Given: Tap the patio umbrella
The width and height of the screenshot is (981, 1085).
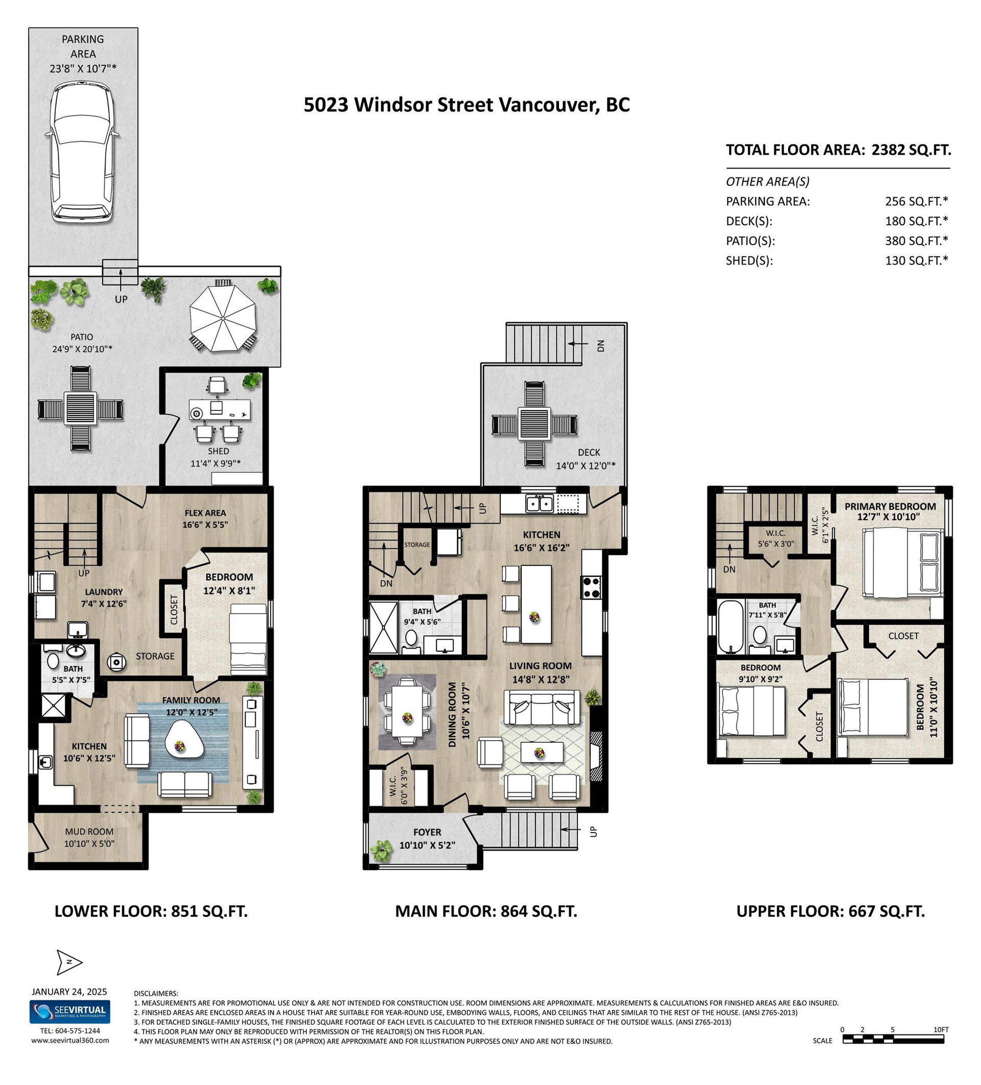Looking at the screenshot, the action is click(223, 318).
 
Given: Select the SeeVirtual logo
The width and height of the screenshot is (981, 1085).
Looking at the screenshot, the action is click(69, 1012).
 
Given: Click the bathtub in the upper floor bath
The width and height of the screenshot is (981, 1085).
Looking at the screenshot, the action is click(730, 626).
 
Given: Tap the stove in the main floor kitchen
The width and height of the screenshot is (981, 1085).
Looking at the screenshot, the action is click(591, 586).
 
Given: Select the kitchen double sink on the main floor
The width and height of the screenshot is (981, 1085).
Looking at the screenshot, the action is click(540, 504).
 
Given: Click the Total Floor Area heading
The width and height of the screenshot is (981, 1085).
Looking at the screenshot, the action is click(838, 150).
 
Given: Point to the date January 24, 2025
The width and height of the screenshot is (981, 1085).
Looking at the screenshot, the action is click(69, 992).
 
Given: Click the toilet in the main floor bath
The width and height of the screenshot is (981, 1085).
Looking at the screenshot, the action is click(411, 639).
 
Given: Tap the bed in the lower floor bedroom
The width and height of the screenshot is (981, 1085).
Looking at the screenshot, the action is click(248, 639).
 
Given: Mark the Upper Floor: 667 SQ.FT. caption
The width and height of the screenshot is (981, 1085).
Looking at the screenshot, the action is click(830, 911).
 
